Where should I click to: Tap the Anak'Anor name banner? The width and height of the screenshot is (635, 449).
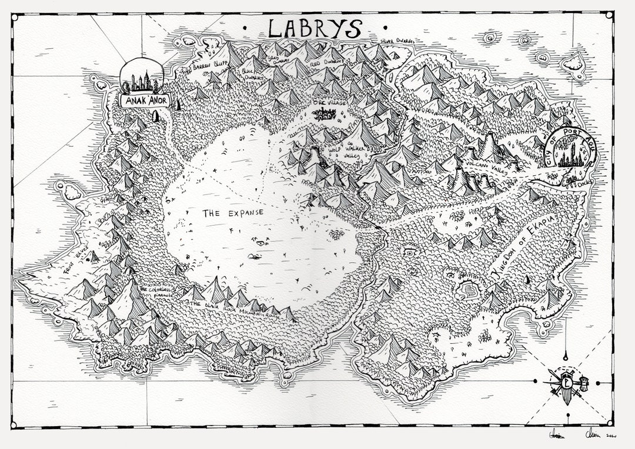[144, 101]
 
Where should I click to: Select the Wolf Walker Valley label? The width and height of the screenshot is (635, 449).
[347, 151]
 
